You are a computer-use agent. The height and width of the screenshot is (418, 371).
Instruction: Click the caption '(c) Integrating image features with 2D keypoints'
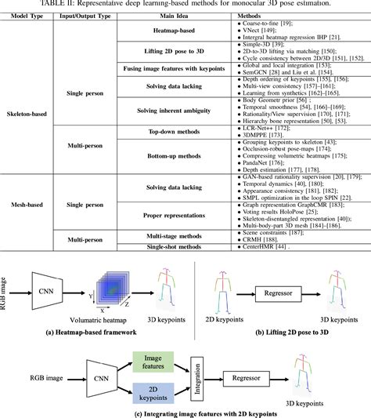(x=185, y=413)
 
